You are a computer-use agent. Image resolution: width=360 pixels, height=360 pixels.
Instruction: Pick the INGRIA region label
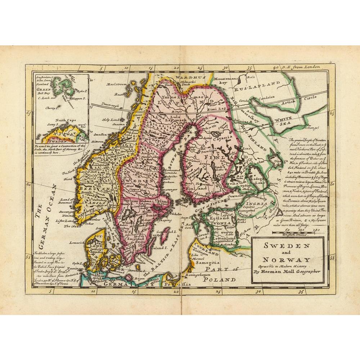tap(257, 204)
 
